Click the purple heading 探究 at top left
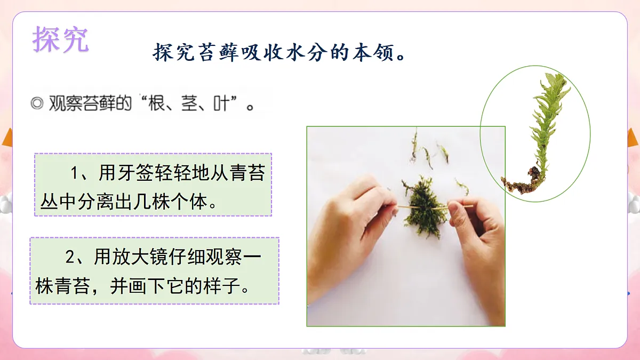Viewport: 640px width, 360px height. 60,39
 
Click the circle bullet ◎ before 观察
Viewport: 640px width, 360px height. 37,103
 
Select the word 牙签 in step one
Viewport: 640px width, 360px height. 131,173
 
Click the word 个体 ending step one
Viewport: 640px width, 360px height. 190,202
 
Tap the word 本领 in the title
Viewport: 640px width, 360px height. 376,53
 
